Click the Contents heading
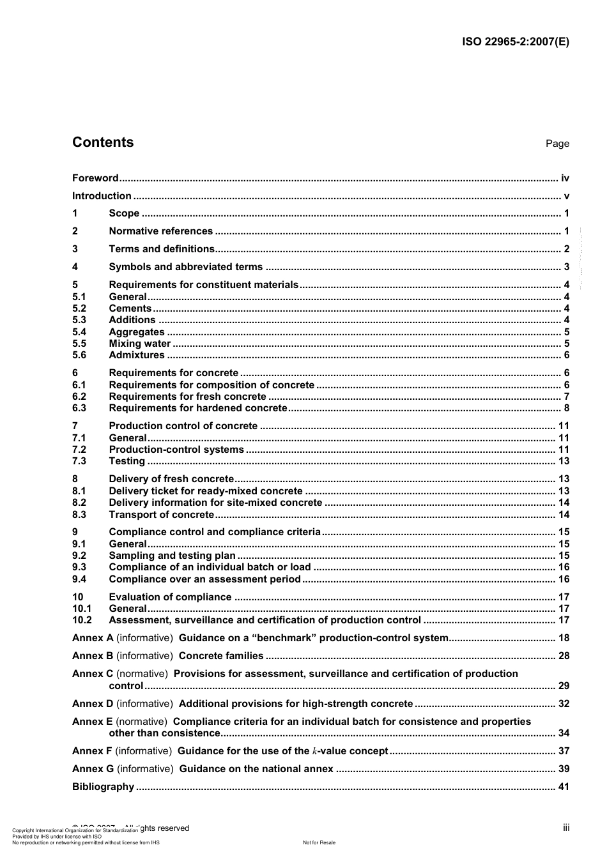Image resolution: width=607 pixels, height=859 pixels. click(103, 142)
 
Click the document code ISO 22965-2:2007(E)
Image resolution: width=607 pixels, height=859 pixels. click(515, 42)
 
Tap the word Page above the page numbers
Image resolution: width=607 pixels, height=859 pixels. click(557, 144)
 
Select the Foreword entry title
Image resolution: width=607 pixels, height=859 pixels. click(95, 178)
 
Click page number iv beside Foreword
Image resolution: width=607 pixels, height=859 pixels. click(565, 178)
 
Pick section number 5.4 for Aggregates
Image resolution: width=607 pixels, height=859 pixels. click(79, 332)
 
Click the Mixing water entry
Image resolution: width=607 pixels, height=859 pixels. click(139, 344)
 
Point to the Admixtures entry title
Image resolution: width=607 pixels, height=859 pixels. click(137, 355)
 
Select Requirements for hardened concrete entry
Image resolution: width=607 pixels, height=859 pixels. click(198, 408)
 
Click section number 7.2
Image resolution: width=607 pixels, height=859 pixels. click(79, 450)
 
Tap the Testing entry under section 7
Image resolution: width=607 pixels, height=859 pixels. click(127, 461)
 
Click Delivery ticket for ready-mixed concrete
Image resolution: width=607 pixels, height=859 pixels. click(206, 491)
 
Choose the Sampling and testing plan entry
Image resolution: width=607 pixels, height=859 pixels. click(172, 556)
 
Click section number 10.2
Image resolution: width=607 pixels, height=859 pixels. click(82, 620)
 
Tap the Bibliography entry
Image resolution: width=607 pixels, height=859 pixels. click(103, 787)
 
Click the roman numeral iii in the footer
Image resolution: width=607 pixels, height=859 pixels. click(566, 828)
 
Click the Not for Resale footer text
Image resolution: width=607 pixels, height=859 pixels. click(319, 842)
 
